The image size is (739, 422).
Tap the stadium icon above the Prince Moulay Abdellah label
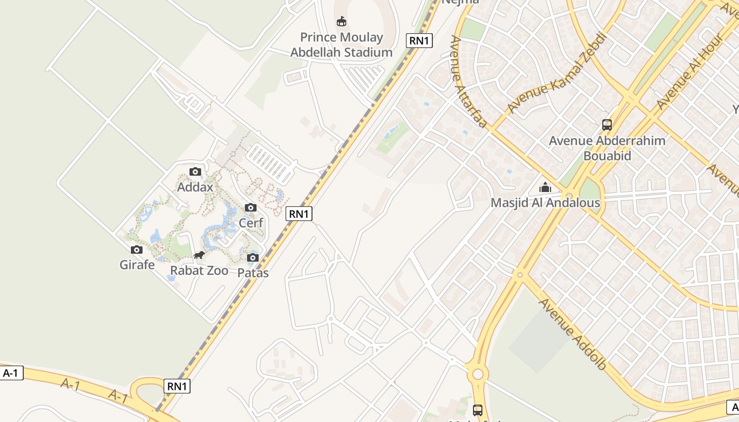point(342,21)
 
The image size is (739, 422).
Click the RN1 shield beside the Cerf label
point(299,214)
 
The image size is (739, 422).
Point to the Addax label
point(195,187)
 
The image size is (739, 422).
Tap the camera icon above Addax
point(195,171)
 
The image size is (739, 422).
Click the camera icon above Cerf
point(251,207)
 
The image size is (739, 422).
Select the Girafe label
point(137,264)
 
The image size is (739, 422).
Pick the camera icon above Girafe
point(137,250)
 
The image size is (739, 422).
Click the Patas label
point(253,273)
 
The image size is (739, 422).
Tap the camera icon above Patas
point(253,257)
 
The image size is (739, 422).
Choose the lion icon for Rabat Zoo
point(199,256)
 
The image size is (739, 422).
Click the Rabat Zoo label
point(199,271)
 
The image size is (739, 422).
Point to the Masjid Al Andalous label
point(545,203)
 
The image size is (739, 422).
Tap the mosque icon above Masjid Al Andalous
point(545,187)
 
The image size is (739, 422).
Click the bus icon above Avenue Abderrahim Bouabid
point(607,125)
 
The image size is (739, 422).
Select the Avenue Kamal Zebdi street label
point(557,72)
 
